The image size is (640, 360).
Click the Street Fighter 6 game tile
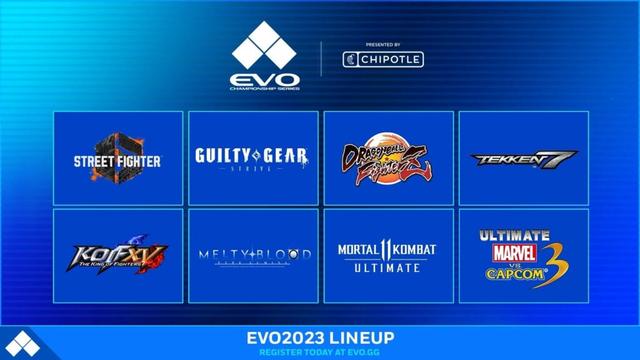pos(117,157)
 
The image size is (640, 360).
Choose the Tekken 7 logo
pos(522,157)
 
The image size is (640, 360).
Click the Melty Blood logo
pos(252,255)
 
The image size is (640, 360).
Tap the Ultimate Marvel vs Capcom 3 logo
pos(522,255)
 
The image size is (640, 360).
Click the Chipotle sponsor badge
pos(383,59)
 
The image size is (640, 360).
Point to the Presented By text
pos(383,44)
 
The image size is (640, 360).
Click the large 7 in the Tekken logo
pos(564,158)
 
